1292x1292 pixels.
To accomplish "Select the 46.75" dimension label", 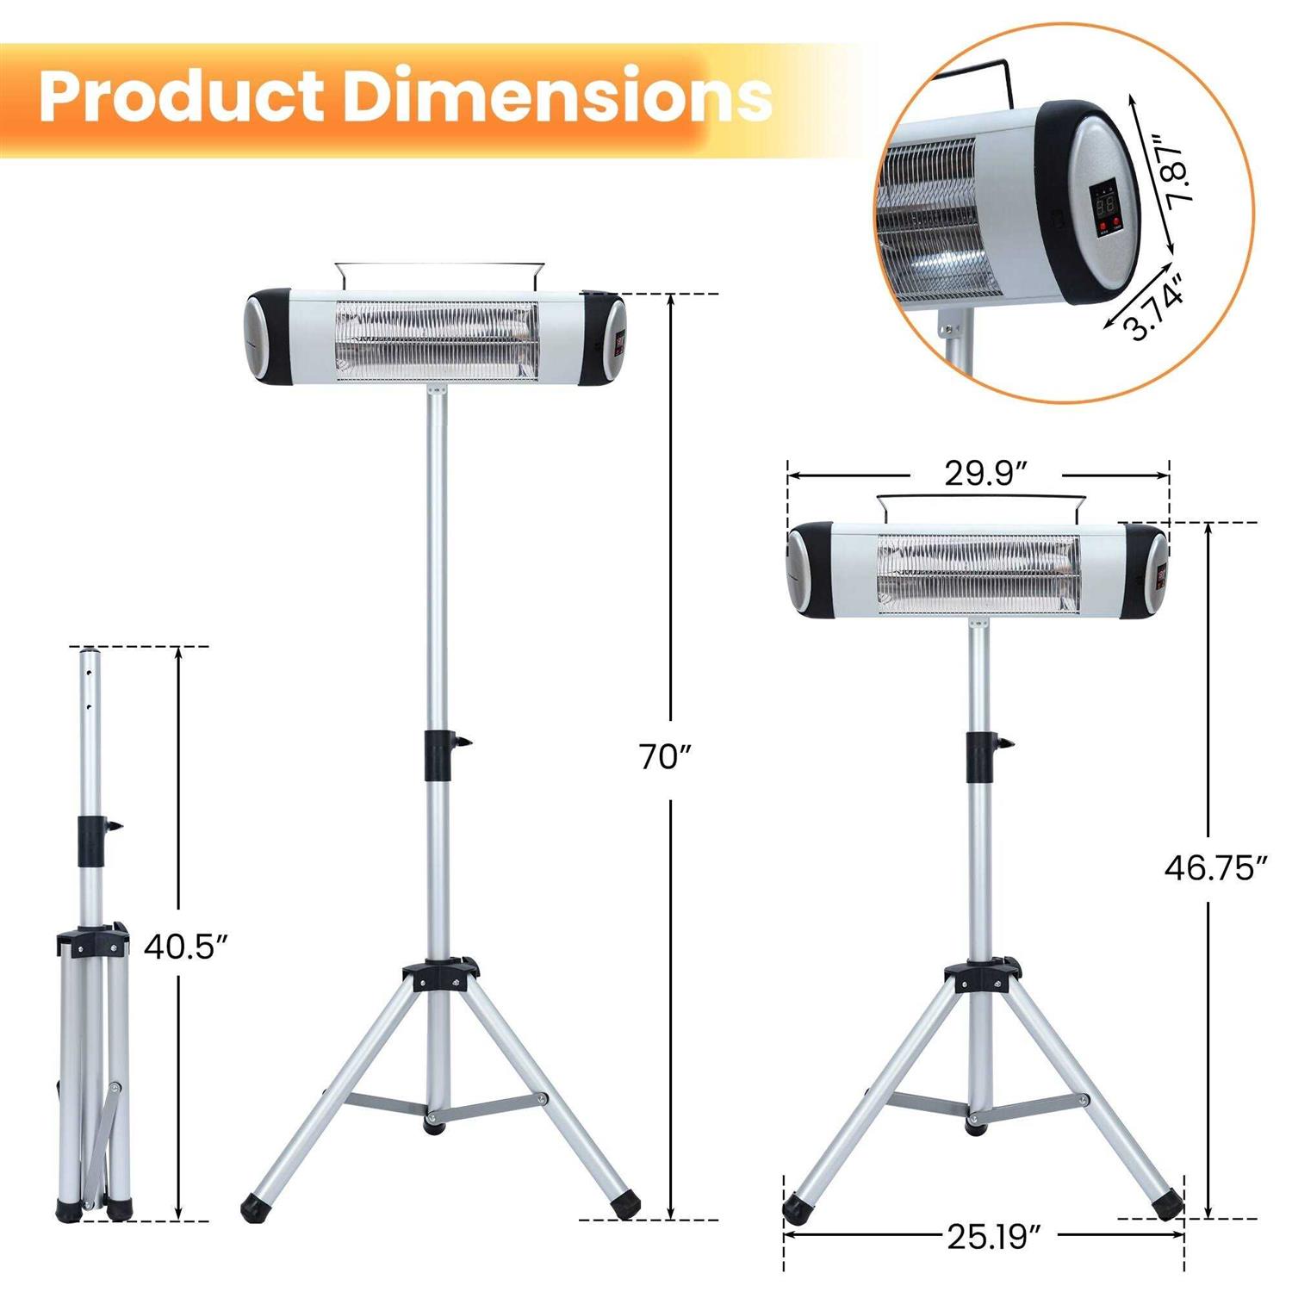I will [x=1216, y=868].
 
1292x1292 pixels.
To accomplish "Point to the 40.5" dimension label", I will [x=185, y=946].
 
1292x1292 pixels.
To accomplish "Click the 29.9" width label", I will [x=985, y=474].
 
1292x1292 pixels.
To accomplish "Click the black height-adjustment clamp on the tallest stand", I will [x=439, y=755].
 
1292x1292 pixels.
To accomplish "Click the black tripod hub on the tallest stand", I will [x=439, y=976].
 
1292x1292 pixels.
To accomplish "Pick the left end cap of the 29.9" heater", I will [x=810, y=570].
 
